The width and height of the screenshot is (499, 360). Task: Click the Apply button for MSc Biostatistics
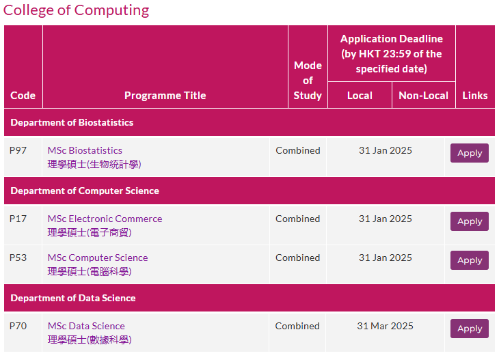470,153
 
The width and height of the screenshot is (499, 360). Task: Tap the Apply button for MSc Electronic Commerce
470,221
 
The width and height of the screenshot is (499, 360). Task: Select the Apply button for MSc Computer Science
470,260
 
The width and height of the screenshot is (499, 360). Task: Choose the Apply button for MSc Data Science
470,329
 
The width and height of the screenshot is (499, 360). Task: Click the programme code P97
18,150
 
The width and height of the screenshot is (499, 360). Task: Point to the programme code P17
18,219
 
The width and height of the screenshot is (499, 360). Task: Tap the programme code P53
18,258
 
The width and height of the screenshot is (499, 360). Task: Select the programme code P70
18,326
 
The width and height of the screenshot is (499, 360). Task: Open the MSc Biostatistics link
85,150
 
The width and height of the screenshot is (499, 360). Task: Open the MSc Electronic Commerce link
105,219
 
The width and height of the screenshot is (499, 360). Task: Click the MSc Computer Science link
98,258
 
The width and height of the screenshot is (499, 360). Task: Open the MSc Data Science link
86,326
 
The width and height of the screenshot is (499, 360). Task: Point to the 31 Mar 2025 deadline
385,326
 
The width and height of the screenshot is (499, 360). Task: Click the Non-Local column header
424,96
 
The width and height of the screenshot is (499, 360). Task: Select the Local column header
360,96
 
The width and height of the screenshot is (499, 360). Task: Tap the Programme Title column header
165,96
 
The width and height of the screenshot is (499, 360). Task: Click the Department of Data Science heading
73,298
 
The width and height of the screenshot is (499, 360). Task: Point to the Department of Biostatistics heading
72,122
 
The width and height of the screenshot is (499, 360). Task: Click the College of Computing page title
76,10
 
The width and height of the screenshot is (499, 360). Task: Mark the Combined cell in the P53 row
298,258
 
